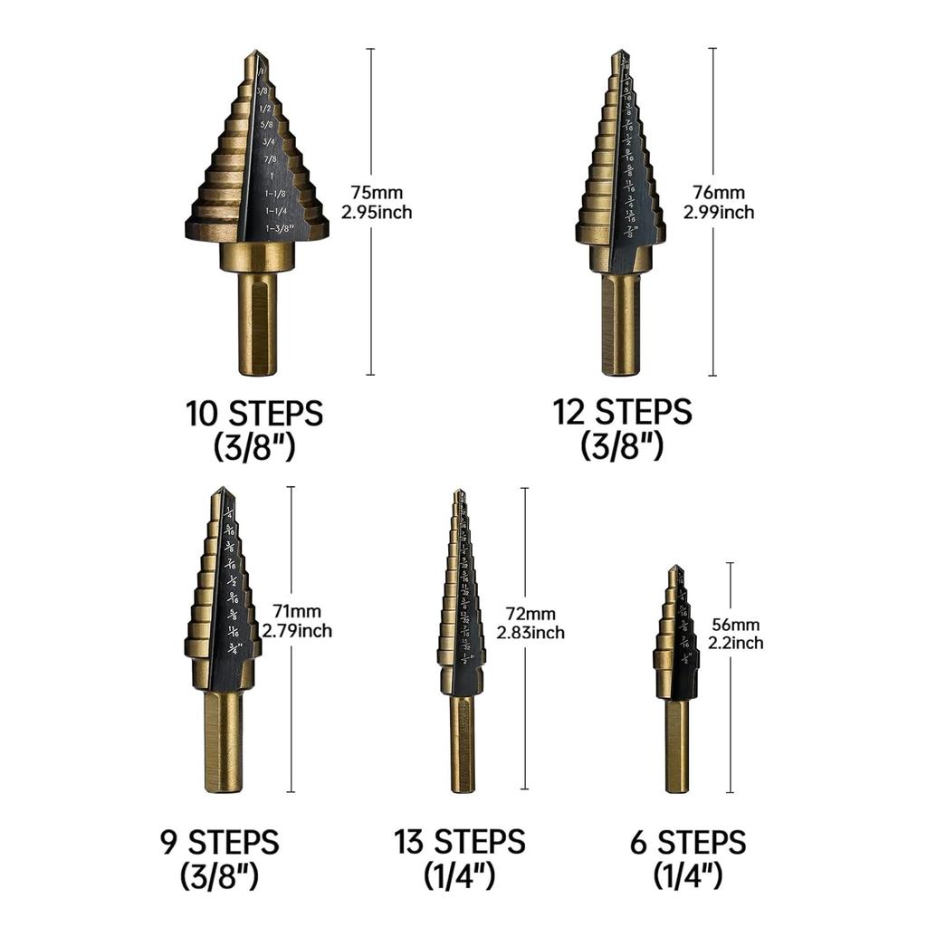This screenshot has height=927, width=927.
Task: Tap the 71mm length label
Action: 296,612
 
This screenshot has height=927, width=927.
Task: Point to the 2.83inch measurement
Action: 530,633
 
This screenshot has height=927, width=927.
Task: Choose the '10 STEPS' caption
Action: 254,414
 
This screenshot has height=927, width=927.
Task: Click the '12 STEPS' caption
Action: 623,412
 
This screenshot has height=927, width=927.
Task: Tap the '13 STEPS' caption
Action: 460,842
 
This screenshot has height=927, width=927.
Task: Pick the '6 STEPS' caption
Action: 688,843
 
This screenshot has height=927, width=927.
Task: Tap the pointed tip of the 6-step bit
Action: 675,569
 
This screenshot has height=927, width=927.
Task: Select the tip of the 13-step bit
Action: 460,493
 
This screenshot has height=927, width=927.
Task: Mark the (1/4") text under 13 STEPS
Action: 460,875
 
